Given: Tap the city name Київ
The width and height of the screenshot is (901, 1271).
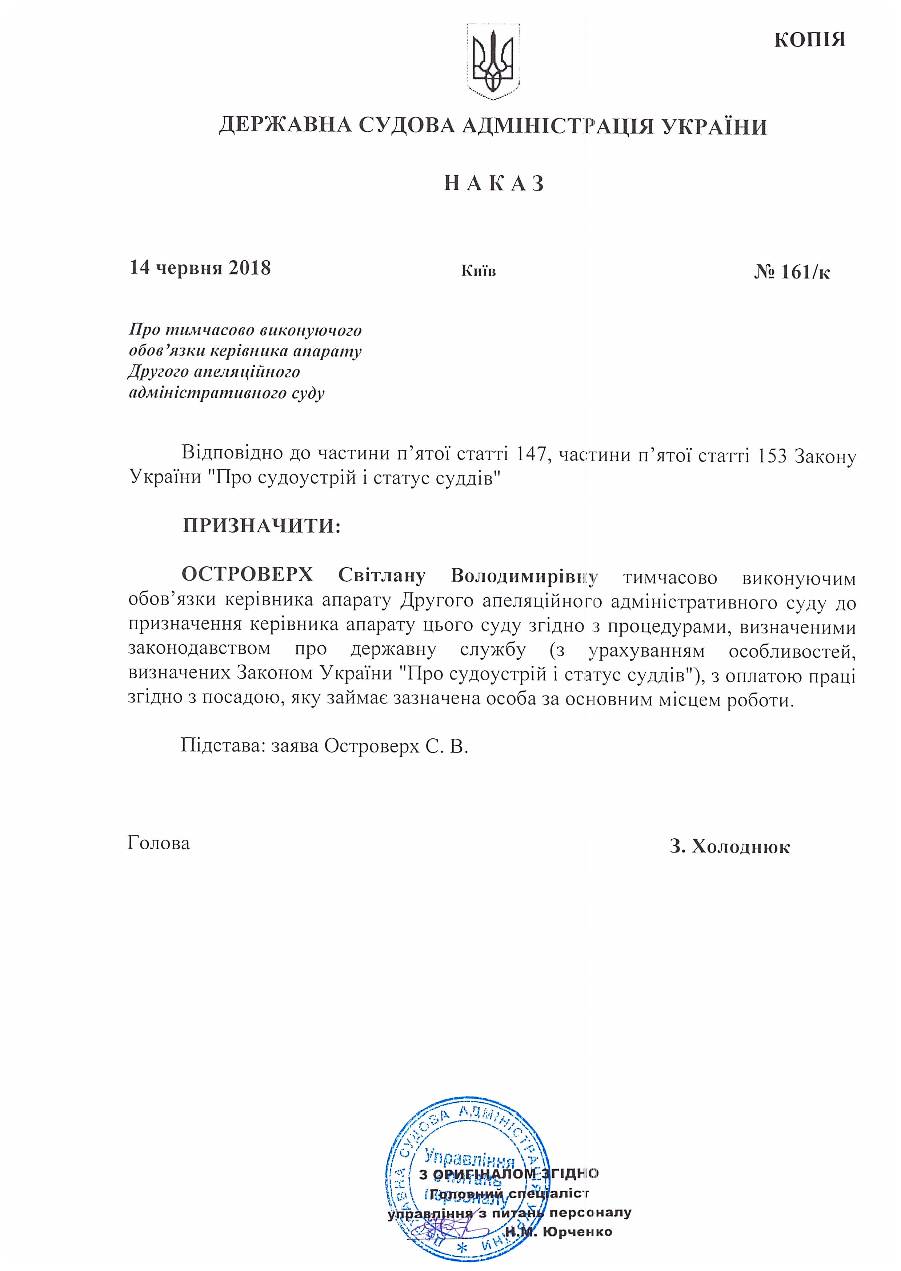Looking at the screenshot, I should pyautogui.click(x=478, y=271).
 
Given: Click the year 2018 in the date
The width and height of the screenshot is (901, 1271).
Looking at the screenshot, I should pyautogui.click(x=249, y=268).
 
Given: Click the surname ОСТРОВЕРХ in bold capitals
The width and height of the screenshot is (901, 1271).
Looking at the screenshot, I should pyautogui.click(x=248, y=575).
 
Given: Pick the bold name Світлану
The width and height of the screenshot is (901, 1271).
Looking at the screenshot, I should pyautogui.click(x=382, y=575).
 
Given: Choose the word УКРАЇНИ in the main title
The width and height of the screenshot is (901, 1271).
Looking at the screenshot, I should pyautogui.click(x=714, y=127).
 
